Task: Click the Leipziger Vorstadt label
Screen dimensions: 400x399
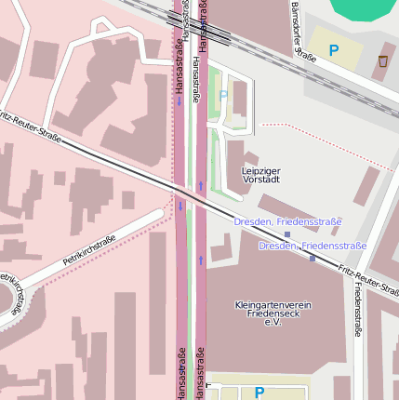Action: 260,175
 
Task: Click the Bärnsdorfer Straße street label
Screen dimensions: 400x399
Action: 303,33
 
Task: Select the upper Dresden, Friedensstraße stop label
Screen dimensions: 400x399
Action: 287,222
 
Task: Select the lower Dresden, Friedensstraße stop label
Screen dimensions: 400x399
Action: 313,246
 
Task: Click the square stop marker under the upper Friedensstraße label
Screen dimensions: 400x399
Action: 287,234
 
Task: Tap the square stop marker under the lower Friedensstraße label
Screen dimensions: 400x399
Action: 313,258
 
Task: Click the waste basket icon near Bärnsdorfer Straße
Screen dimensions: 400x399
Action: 383,61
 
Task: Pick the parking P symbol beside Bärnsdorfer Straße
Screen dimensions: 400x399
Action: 334,50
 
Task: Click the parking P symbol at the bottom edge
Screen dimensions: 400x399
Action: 259,393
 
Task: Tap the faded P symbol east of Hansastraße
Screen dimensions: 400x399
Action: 223,95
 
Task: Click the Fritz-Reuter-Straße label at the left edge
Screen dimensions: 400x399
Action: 30,128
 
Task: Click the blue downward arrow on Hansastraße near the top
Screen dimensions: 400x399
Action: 180,100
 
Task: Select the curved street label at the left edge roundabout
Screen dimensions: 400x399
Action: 10,293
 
